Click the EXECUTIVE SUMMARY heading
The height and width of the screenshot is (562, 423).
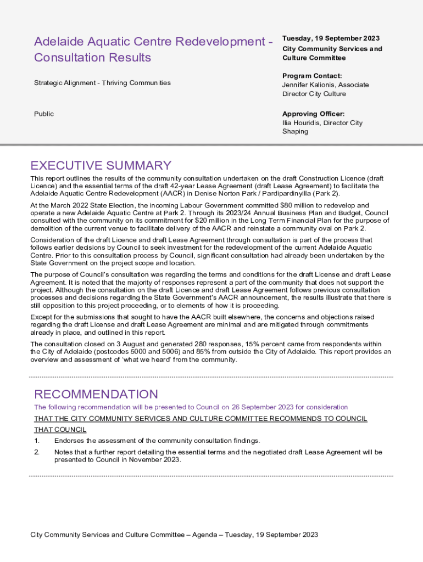tap(101, 166)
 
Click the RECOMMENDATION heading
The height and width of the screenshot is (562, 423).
tap(96, 394)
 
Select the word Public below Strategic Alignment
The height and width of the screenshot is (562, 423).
tap(44, 114)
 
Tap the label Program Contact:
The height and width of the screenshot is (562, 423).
tap(312, 76)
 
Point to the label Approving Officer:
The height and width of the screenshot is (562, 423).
tap(314, 114)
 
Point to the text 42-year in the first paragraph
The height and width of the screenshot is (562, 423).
tap(165, 186)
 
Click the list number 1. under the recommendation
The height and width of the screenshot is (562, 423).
tap(37, 441)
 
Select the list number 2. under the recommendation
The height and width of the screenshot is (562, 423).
tap(37, 452)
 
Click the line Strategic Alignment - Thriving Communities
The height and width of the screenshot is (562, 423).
tap(102, 83)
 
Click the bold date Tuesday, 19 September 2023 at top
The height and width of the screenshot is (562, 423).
tap(331, 38)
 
